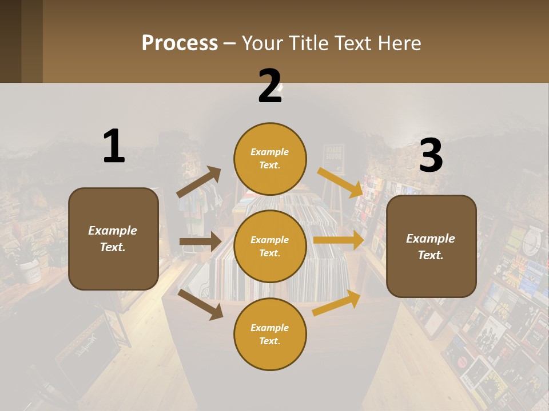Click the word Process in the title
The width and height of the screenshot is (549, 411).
point(180,43)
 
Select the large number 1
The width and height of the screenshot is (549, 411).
point(114,146)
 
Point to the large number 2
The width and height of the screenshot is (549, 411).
point(270,86)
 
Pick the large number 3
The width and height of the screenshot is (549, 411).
point(431,156)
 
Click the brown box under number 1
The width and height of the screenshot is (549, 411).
point(113,239)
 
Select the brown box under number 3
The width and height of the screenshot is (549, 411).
point(431,246)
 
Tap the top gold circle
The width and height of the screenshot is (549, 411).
point(270,159)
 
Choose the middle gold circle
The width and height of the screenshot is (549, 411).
point(270,246)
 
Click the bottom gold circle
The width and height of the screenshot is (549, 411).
point(270,334)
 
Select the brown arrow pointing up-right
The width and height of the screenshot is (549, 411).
point(199,182)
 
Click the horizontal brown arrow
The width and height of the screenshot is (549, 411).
point(200,241)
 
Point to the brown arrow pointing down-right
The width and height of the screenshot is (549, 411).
point(200,304)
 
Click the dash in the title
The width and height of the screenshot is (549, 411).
point(230,43)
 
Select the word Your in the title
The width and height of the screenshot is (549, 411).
point(262,43)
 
